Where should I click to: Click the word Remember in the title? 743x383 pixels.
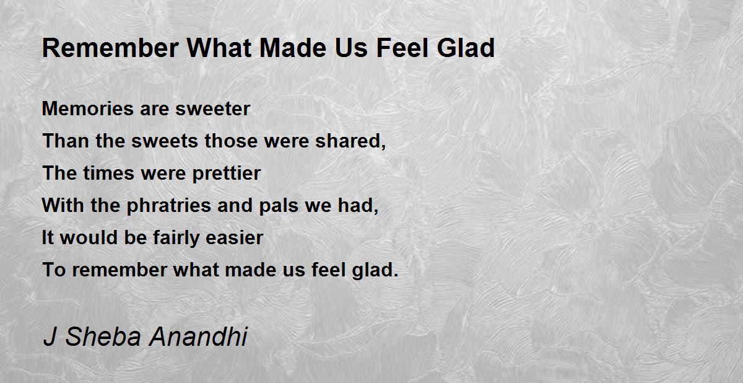[110, 48]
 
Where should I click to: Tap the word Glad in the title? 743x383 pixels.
[466, 48]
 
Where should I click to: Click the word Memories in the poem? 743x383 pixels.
[87, 108]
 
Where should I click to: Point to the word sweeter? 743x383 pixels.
[212, 109]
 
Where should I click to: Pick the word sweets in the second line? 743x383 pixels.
[165, 141]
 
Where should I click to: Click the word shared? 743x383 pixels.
[350, 141]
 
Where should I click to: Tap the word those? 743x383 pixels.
[231, 141]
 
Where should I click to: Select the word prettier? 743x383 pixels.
[227, 174]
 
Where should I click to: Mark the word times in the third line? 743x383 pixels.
[108, 174]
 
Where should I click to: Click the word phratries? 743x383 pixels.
[169, 206]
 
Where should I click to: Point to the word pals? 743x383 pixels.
[279, 206]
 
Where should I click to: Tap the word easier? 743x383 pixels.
[234, 237]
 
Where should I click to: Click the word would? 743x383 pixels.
[89, 237]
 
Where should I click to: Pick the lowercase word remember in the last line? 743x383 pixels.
[119, 270]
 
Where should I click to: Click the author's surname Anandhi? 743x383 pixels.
[198, 337]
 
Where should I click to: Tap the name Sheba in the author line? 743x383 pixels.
[103, 337]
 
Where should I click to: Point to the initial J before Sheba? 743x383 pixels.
[50, 337]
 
